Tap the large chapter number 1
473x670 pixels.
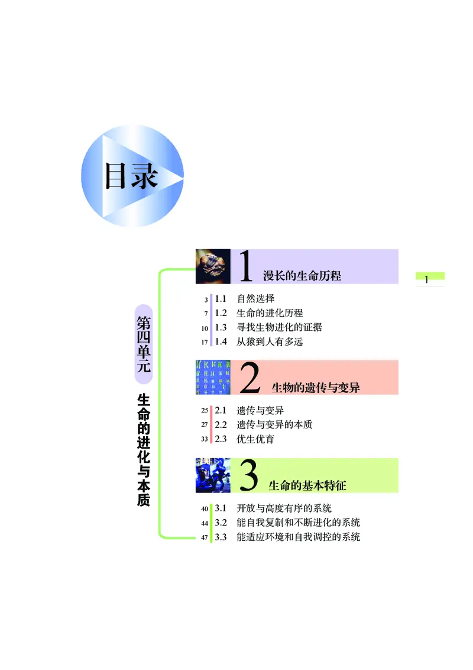click(x=246, y=267)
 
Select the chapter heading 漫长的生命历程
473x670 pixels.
click(x=302, y=276)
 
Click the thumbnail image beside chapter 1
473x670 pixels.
click(x=213, y=266)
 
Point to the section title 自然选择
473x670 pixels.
click(x=255, y=298)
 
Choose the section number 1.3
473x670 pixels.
click(x=221, y=327)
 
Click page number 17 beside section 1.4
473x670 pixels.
click(x=205, y=342)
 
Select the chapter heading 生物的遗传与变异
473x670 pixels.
click(x=315, y=388)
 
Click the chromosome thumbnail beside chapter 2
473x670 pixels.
click(x=213, y=377)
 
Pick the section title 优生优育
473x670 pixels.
click(x=255, y=439)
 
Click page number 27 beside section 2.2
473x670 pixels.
click(x=205, y=425)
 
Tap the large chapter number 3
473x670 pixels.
click(x=250, y=477)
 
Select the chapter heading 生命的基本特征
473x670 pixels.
click(x=307, y=486)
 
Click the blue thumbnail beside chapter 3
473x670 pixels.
click(x=213, y=475)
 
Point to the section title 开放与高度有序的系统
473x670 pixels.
click(x=284, y=508)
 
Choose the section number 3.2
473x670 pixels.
click(x=221, y=523)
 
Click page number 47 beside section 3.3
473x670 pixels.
click(x=205, y=537)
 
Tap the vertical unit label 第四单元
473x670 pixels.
click(x=144, y=344)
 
